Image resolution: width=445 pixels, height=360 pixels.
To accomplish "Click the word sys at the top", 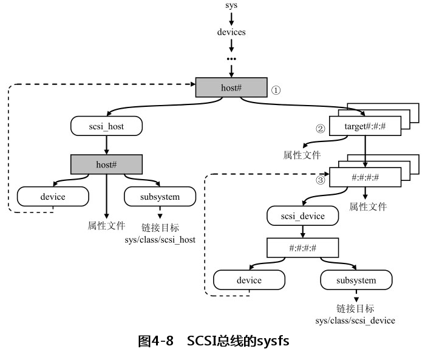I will pos(231,5).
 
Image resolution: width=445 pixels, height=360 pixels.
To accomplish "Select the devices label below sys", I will pos(231,32).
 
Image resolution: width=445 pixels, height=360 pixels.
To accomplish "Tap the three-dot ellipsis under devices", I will pos(231,59).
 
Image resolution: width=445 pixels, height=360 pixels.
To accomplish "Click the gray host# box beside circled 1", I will pos(231,87).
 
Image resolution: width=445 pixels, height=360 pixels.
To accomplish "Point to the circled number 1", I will pos(276,90).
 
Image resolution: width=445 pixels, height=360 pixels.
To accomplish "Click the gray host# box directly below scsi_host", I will pos(107,165).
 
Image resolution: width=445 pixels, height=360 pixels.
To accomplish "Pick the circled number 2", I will pos(321,129).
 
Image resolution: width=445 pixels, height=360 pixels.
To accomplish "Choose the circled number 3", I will pos(321,179).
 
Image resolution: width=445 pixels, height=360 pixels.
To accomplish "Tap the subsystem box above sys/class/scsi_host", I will pos(160,196).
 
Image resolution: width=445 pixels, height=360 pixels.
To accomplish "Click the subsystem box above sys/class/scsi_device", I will pos(356,280).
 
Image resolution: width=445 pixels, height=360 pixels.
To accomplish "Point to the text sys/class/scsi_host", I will pos(160,240).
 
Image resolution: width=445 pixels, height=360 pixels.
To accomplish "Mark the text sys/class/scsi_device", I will pos(356,320).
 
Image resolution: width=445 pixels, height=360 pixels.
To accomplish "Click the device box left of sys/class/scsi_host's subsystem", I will pos(53,196).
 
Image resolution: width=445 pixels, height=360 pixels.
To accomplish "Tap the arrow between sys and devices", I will pos(231,18).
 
